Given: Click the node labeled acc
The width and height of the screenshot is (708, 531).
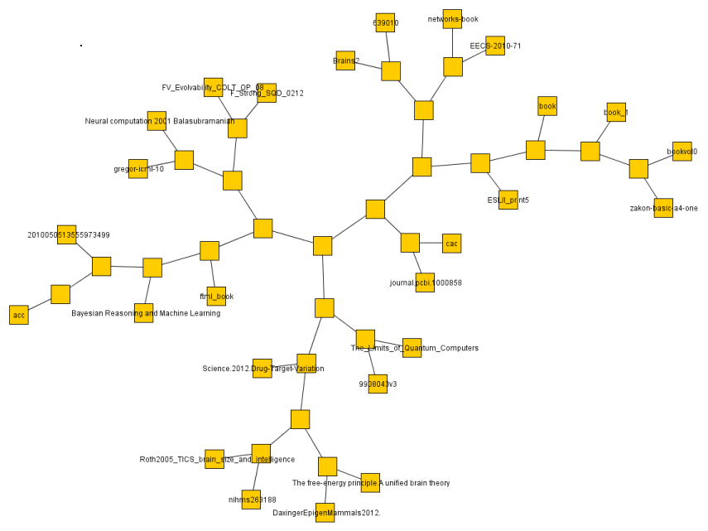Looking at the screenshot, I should tap(18, 315).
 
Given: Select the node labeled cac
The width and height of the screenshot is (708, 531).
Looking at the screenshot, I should tap(451, 243).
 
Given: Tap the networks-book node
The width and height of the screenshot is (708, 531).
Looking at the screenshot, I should tap(452, 19).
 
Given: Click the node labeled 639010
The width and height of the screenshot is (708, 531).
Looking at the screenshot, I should tap(385, 23).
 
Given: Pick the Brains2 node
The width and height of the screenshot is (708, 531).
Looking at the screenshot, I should tap(345, 60).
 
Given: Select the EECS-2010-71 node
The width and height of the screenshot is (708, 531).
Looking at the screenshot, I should tap(495, 46).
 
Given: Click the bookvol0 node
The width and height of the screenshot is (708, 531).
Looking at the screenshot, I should tap(682, 152).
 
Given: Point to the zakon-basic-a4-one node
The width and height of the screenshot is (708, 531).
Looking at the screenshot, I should tap(663, 208).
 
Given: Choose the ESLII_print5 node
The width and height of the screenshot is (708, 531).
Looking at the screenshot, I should tap(508, 200).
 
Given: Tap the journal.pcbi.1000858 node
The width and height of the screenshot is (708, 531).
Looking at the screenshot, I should tap(425, 282).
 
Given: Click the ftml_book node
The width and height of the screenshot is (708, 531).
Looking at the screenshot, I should tap(216, 296).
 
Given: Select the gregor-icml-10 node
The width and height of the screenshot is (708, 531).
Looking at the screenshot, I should tap(138, 169).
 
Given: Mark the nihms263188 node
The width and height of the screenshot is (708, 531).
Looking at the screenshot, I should tap(251, 500).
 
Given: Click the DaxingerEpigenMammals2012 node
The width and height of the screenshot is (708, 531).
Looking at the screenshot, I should tap(325, 513).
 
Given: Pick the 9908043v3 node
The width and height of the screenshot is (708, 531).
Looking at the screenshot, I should tap(378, 384).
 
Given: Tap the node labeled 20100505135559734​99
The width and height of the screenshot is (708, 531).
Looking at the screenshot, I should tap(67, 234).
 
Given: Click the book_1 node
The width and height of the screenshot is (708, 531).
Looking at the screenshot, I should tap(616, 112).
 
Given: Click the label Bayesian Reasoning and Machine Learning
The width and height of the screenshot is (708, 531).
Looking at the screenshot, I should tap(146, 313).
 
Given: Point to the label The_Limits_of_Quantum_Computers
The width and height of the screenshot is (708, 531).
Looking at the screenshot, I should tap(415, 348).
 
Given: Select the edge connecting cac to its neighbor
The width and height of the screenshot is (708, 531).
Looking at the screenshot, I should tap(431, 243).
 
